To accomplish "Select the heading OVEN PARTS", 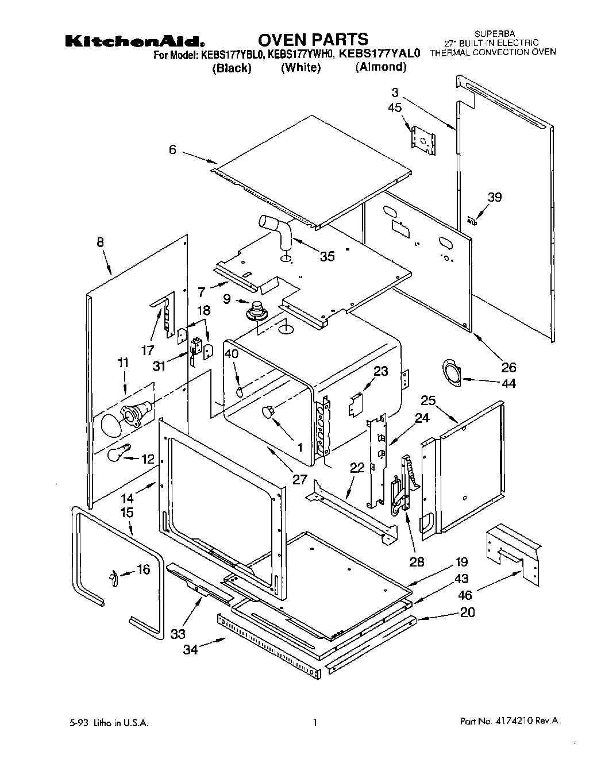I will point(313,39).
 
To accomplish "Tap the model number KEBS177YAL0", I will point(380,54).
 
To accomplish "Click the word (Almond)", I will point(380,67).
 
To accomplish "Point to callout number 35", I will point(327,256).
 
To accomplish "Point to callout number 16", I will point(143,569).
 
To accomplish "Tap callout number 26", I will point(508,367).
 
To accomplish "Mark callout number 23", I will point(380,371).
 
